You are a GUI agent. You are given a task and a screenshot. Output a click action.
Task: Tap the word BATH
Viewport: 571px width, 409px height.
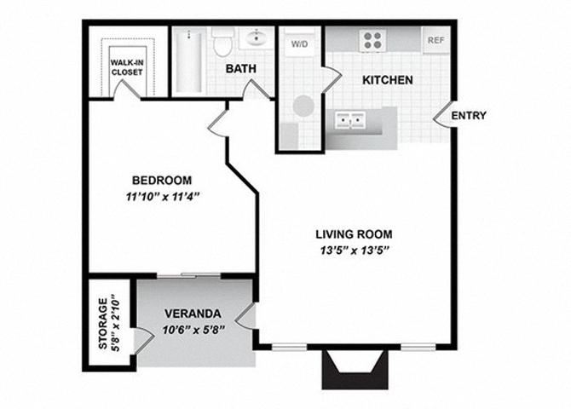(242, 69)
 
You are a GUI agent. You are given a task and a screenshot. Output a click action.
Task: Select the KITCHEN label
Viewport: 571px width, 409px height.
(388, 80)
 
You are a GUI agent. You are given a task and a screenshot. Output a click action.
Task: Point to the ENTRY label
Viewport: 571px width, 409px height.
(468, 116)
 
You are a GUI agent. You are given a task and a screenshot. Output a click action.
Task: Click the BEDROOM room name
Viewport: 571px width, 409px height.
(161, 181)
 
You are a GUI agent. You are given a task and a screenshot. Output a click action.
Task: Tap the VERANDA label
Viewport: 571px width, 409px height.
(193, 313)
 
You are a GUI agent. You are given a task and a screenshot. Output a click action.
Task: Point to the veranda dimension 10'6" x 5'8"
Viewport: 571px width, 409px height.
(193, 331)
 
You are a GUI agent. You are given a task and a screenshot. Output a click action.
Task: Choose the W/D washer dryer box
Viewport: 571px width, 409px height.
(300, 43)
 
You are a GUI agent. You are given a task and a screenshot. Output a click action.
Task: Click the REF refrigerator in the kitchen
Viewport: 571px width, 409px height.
(435, 40)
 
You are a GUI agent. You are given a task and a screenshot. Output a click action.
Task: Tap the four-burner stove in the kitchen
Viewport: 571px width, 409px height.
(372, 39)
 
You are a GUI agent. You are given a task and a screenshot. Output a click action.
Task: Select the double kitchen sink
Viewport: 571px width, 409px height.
(350, 121)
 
